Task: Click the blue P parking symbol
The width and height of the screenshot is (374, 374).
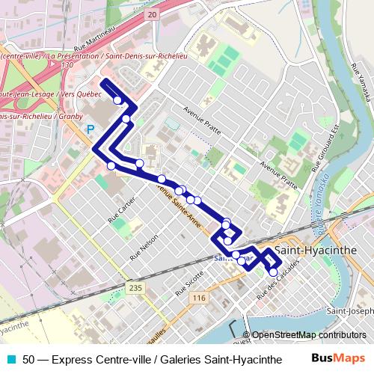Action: click(91, 129)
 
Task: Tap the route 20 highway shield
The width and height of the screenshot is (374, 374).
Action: click(152, 15)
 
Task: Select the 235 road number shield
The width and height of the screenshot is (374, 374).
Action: click(135, 288)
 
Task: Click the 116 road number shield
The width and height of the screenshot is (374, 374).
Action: click(198, 298)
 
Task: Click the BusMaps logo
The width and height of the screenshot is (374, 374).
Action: click(339, 359)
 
